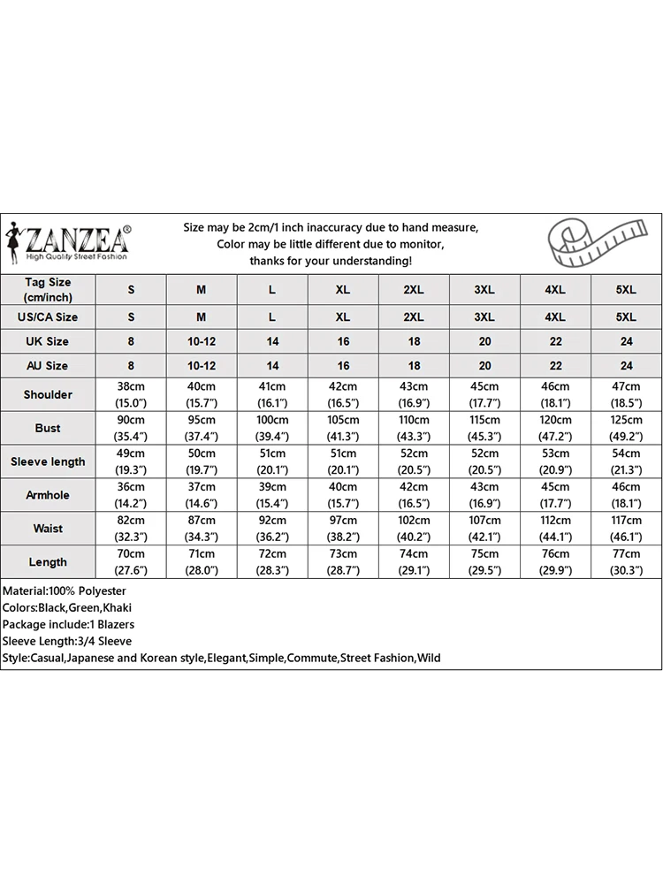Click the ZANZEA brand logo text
coord(78,239)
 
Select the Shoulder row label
coord(48,394)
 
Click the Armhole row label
coord(48,495)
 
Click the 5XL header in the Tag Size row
coord(626,290)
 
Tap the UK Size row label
coord(48,341)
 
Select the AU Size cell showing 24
coord(626,365)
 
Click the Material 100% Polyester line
coord(65,591)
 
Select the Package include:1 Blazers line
coord(68,624)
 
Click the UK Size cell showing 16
coord(343,341)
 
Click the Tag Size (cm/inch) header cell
coord(48,290)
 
